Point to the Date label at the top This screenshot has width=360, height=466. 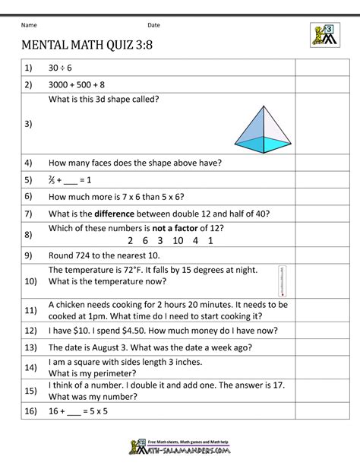pos(154,25)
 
